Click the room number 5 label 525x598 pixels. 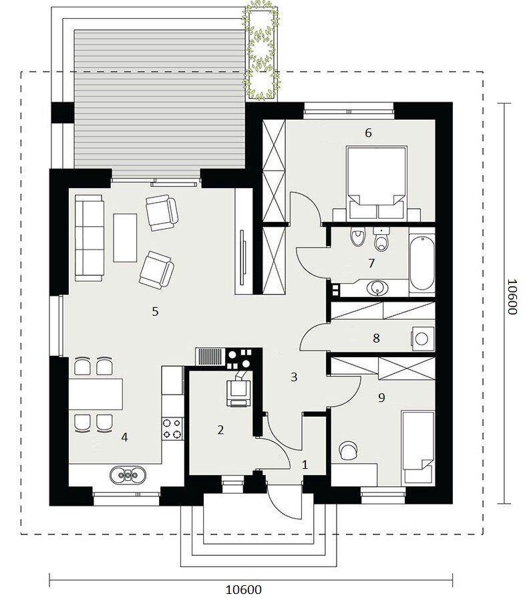point(155,311)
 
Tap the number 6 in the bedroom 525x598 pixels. point(368,132)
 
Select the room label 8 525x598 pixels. point(376,338)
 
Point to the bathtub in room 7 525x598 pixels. point(422,263)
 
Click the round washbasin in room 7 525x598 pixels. point(377,288)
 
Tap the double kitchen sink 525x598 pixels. point(128,475)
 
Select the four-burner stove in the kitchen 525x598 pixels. point(172,428)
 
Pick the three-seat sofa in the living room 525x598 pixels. point(90,237)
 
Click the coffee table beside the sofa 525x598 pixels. point(125,237)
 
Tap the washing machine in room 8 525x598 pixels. point(423,338)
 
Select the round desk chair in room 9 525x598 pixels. point(347,450)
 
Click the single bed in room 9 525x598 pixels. point(418,447)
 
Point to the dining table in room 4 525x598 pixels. point(96,394)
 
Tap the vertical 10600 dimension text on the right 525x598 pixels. point(512,297)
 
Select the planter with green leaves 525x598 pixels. point(262,51)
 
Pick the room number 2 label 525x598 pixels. point(220,430)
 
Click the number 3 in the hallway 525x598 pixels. point(293,377)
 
